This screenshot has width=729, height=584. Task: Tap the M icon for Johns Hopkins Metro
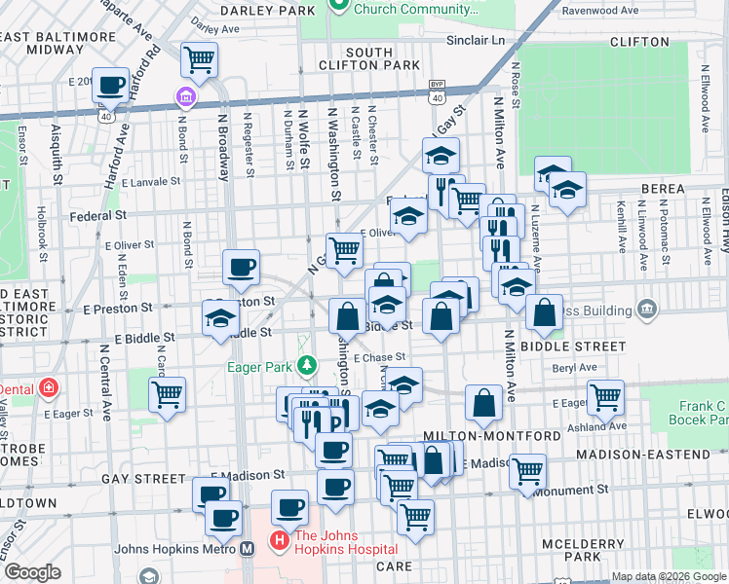248,548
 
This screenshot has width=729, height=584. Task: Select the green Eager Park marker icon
307,367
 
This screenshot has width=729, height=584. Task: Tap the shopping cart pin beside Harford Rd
200,60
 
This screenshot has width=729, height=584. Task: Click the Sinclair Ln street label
479,42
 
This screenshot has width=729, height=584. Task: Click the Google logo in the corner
32,572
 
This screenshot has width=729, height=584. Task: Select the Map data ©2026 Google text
668,576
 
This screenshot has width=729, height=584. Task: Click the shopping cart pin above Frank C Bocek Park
606,396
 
